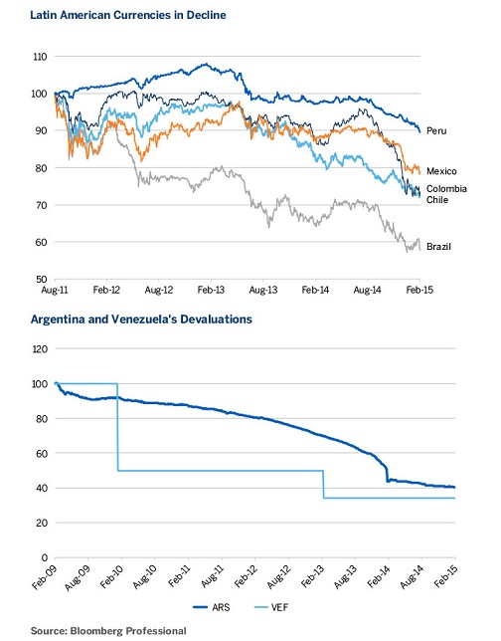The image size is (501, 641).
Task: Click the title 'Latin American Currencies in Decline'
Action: (x=128, y=15)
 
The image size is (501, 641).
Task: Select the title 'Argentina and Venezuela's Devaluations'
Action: (x=141, y=319)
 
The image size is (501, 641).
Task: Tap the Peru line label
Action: (x=436, y=130)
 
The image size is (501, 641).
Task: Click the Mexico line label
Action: (x=441, y=171)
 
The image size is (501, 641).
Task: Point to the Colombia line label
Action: (x=446, y=189)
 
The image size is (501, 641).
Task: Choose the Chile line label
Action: (x=437, y=200)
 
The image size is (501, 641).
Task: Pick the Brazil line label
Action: (x=439, y=247)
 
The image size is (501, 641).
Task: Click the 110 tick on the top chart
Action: (x=40, y=57)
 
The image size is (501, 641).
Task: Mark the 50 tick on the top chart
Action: (x=41, y=280)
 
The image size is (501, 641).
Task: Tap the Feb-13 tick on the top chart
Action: (x=211, y=290)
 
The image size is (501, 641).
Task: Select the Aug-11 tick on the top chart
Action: (x=55, y=290)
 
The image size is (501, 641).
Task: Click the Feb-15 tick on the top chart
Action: (x=419, y=290)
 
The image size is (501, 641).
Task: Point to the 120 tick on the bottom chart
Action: (x=41, y=349)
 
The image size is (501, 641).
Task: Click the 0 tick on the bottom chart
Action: (x=45, y=557)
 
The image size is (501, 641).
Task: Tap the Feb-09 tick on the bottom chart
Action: (x=45, y=577)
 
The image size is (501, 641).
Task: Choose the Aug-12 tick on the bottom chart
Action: (x=278, y=577)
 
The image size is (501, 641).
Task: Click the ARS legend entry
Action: (x=212, y=607)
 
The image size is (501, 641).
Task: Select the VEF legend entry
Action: (x=271, y=607)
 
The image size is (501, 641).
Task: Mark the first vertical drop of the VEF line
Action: (x=117, y=427)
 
